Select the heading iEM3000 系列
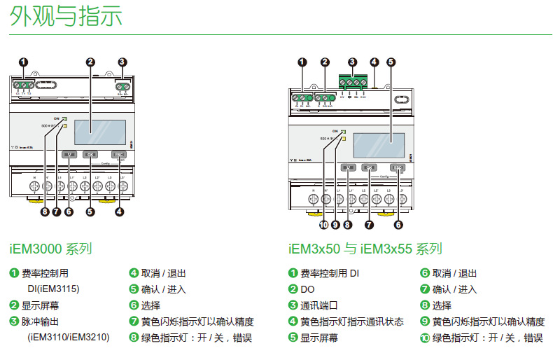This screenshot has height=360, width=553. pos(51,249)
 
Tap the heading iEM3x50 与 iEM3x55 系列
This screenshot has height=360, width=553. pos(365,249)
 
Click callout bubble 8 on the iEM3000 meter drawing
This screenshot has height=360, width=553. pos(44,212)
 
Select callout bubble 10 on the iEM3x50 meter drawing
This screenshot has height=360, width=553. pos(323,225)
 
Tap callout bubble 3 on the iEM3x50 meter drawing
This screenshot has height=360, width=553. pos(353,62)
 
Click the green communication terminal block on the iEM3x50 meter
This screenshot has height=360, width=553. pos(353,83)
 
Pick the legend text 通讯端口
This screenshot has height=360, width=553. pos(319,305)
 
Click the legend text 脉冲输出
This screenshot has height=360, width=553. pos(41,321)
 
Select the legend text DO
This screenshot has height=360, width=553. pos(307,289)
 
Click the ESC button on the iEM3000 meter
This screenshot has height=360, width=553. pos(118,154)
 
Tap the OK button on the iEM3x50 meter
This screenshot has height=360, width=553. pos(372,167)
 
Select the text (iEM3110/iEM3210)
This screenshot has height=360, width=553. pos(68,338)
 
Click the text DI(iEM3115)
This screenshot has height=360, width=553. pos(53,289)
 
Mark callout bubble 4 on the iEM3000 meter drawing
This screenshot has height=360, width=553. pos(120,212)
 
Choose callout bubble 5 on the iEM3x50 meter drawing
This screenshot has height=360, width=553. pos(391,62)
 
